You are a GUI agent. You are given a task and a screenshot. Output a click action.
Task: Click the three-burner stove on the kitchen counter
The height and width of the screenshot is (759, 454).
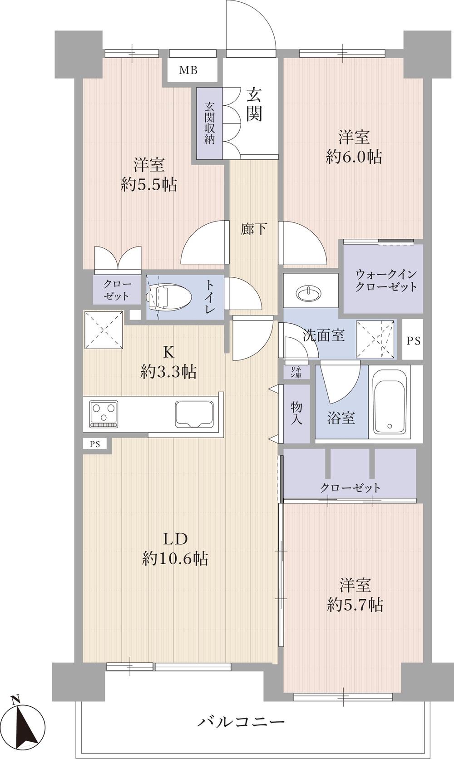pyautogui.click(x=104, y=414)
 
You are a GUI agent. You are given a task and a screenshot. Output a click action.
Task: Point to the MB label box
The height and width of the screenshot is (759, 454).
pyautogui.click(x=188, y=70)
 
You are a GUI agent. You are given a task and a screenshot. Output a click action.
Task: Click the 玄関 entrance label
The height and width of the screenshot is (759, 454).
pyautogui.click(x=254, y=104)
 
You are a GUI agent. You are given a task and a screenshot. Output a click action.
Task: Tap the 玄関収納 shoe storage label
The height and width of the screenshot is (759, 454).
pyautogui.click(x=210, y=123)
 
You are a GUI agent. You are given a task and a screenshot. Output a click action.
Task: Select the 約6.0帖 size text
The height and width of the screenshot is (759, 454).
pyautogui.click(x=354, y=157)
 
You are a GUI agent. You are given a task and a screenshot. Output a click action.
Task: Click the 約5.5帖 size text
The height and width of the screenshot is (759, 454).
pyautogui.click(x=149, y=185)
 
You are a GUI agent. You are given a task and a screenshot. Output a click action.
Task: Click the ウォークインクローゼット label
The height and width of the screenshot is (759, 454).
pyautogui.click(x=386, y=280)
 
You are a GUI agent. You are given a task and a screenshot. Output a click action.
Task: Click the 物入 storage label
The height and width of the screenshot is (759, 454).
pyautogui.click(x=296, y=414)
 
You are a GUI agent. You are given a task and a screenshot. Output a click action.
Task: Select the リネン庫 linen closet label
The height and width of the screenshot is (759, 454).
pyautogui.click(x=296, y=372)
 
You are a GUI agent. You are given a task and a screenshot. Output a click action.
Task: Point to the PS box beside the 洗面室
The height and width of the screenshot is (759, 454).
pyautogui.click(x=413, y=340)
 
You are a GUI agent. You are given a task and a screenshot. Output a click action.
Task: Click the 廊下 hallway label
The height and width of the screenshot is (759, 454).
pyautogui.click(x=253, y=229)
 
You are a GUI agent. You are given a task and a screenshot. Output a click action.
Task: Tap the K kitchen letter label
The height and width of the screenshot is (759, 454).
pyautogui.click(x=168, y=353)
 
